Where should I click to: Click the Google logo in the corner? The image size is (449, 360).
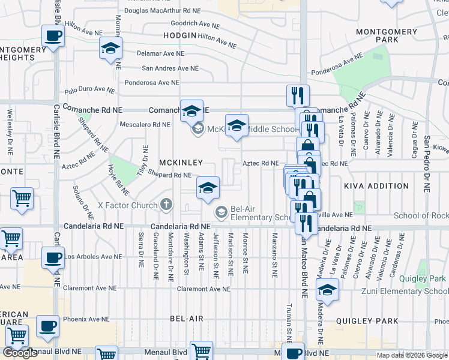point(20,353)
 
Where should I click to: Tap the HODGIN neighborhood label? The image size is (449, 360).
point(179,36)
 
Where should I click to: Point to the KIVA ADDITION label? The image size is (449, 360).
point(371,187)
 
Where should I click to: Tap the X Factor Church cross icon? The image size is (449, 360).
point(166,205)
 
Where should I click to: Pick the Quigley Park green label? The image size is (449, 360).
point(424,279)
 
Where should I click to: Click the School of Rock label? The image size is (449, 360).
point(421,215)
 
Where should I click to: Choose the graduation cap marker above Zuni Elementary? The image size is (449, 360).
point(328,290)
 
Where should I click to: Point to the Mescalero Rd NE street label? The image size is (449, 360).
point(145,125)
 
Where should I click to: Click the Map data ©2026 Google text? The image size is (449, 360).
point(412,355)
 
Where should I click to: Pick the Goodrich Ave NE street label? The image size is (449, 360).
point(194,24)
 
